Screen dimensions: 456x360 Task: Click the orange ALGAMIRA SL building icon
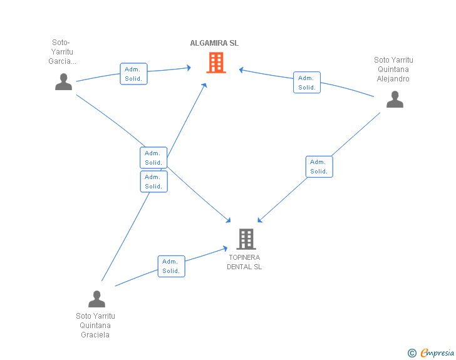(x=216, y=62)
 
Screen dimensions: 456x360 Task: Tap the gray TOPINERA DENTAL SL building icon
(x=246, y=239)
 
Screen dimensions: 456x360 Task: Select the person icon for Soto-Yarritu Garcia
(x=63, y=82)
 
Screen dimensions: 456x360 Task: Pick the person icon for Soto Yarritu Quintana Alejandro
(x=395, y=99)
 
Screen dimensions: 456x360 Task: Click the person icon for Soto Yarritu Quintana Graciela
(x=96, y=299)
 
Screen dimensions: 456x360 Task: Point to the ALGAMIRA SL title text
(x=214, y=43)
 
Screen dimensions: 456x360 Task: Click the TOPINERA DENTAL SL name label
(x=244, y=262)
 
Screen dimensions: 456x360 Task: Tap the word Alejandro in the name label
(x=393, y=79)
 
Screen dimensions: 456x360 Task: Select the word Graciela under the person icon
(x=95, y=335)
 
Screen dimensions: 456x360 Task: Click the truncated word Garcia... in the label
(x=62, y=61)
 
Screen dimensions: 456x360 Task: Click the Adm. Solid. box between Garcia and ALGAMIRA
(x=134, y=74)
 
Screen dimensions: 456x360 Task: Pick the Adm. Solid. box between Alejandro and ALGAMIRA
(x=307, y=82)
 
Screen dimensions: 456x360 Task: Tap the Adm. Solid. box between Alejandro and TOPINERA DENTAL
(x=319, y=167)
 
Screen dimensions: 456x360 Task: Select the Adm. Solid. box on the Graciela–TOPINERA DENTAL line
(x=171, y=266)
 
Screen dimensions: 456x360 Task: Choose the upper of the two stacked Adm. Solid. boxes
(x=153, y=158)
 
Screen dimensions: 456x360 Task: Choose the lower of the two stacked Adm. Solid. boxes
(x=154, y=182)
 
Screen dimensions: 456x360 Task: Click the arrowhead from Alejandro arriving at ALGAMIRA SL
(x=241, y=69)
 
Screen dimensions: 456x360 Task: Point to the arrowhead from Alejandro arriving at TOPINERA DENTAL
(x=260, y=220)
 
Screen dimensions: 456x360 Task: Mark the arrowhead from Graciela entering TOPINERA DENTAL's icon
(x=225, y=249)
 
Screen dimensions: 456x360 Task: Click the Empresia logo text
(x=437, y=352)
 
